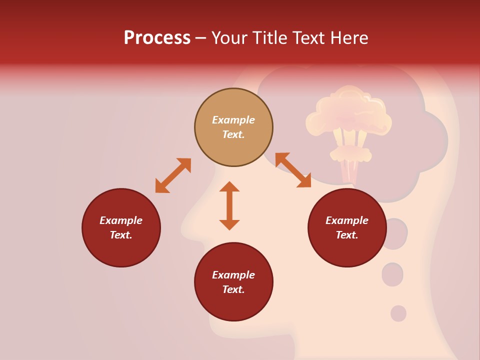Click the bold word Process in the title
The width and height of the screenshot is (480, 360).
pyautogui.click(x=157, y=38)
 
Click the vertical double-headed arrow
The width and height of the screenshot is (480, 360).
pyautogui.click(x=229, y=205)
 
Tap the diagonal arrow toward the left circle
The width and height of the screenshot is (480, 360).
pyautogui.click(x=173, y=175)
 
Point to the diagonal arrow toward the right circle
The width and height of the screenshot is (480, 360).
pyautogui.click(x=293, y=170)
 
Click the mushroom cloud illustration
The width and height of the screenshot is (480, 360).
pyautogui.click(x=348, y=120)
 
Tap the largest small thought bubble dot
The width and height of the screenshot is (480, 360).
pyautogui.click(x=394, y=233)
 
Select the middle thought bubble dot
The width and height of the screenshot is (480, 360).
pyautogui.click(x=392, y=274)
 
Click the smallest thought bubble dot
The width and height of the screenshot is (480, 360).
pyautogui.click(x=398, y=313)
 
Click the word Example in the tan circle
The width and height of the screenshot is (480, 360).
pyautogui.click(x=233, y=120)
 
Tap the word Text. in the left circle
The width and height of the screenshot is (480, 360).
pyautogui.click(x=121, y=235)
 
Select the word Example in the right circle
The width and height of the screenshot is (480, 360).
pyautogui.click(x=347, y=220)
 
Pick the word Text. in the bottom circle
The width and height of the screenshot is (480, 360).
pyautogui.click(x=233, y=289)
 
